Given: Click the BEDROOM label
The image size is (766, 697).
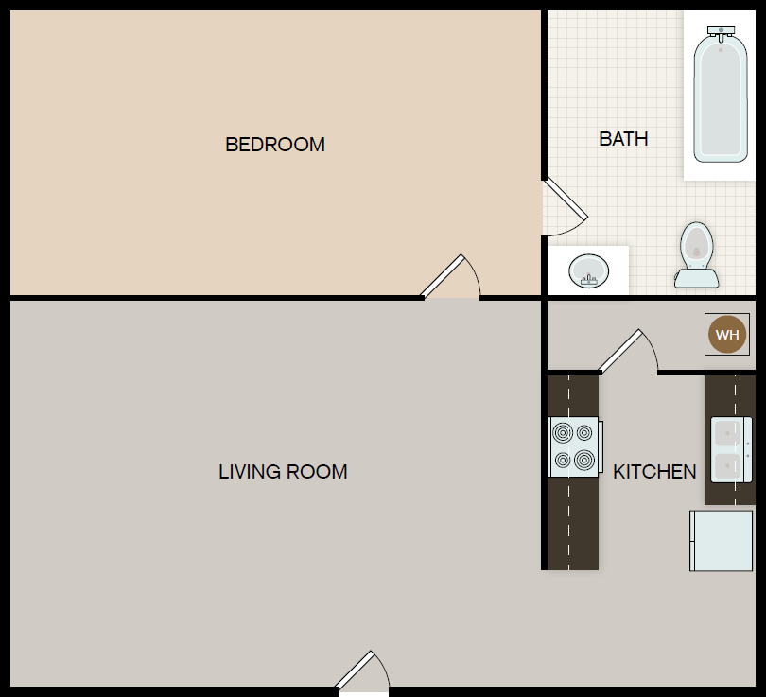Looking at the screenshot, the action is click(x=275, y=145).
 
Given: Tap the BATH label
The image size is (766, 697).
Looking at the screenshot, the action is click(x=623, y=139).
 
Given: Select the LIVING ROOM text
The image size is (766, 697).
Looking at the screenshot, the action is click(x=283, y=472).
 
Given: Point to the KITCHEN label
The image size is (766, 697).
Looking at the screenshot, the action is click(x=654, y=472).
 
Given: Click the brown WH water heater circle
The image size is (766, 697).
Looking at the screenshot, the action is click(x=727, y=335).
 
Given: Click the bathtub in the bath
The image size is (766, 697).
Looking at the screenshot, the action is click(x=721, y=95).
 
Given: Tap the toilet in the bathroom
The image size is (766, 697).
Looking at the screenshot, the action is click(x=697, y=254).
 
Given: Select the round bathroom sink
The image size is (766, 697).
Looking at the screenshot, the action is click(x=588, y=270).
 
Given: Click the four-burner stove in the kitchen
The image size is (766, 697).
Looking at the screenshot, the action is click(x=575, y=446).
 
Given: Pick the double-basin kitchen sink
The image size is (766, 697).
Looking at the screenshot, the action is click(x=731, y=449).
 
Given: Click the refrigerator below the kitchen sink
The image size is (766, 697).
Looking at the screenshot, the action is click(x=721, y=541).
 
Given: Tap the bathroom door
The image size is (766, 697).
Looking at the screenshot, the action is click(x=566, y=199).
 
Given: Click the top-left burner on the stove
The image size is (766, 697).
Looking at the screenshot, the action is click(x=563, y=433).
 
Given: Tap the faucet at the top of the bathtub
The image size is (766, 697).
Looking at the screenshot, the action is click(x=721, y=31).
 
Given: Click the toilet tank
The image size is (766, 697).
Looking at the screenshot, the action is click(x=697, y=278).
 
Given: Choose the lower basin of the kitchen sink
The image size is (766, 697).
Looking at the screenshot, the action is click(x=727, y=466).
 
